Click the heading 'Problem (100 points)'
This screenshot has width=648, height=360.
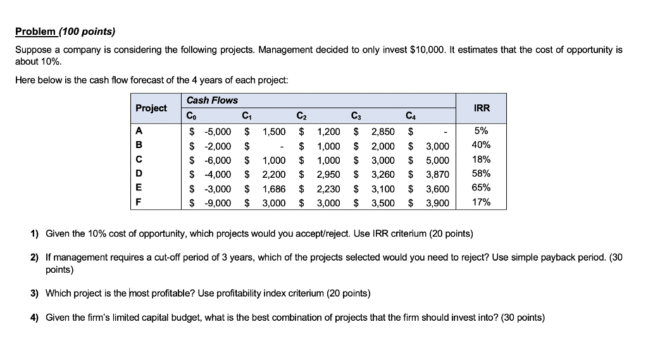click(66, 31)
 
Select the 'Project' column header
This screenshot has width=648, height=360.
click(151, 108)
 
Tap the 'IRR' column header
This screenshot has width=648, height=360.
click(482, 108)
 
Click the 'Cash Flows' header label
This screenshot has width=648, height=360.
click(212, 100)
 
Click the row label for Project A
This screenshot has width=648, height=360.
click(139, 132)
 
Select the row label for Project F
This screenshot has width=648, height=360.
click(139, 202)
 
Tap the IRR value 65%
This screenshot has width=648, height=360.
click(482, 188)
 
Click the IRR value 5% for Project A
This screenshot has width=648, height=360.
click(482, 132)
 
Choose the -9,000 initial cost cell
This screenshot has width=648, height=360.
click(217, 202)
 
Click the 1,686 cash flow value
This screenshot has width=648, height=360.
click(274, 189)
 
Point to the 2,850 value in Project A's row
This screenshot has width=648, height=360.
click(382, 132)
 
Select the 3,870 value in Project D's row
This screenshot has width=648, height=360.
click(437, 174)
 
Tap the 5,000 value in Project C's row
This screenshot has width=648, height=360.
click(437, 160)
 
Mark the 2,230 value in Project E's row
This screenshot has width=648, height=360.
click(328, 189)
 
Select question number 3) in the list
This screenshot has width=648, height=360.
click(35, 294)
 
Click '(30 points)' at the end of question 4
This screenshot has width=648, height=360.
click(523, 318)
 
